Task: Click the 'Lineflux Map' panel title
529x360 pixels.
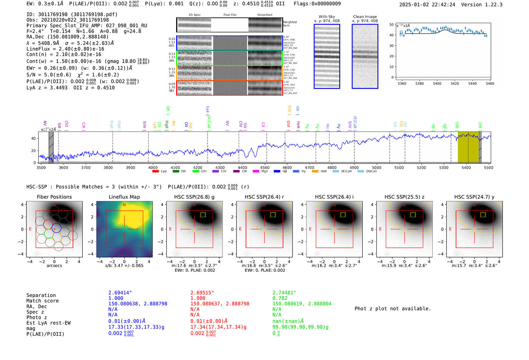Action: (x=124, y=197)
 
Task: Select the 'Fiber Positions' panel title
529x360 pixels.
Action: (x=54, y=197)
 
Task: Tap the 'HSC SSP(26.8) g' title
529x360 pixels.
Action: (x=194, y=197)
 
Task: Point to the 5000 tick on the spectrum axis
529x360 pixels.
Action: (x=377, y=168)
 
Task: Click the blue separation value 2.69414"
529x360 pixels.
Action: (x=120, y=293)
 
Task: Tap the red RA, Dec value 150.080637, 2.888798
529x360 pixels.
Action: (x=220, y=304)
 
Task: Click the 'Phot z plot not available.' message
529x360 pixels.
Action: (x=393, y=309)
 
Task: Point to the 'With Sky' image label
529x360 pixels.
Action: (x=327, y=17)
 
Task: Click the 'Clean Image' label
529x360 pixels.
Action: (x=365, y=17)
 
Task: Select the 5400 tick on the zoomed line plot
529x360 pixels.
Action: (x=437, y=83)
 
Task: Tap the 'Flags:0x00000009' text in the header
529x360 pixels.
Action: (x=317, y=4)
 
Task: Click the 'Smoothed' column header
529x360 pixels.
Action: (x=264, y=15)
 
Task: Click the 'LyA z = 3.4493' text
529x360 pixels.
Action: (x=47, y=88)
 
